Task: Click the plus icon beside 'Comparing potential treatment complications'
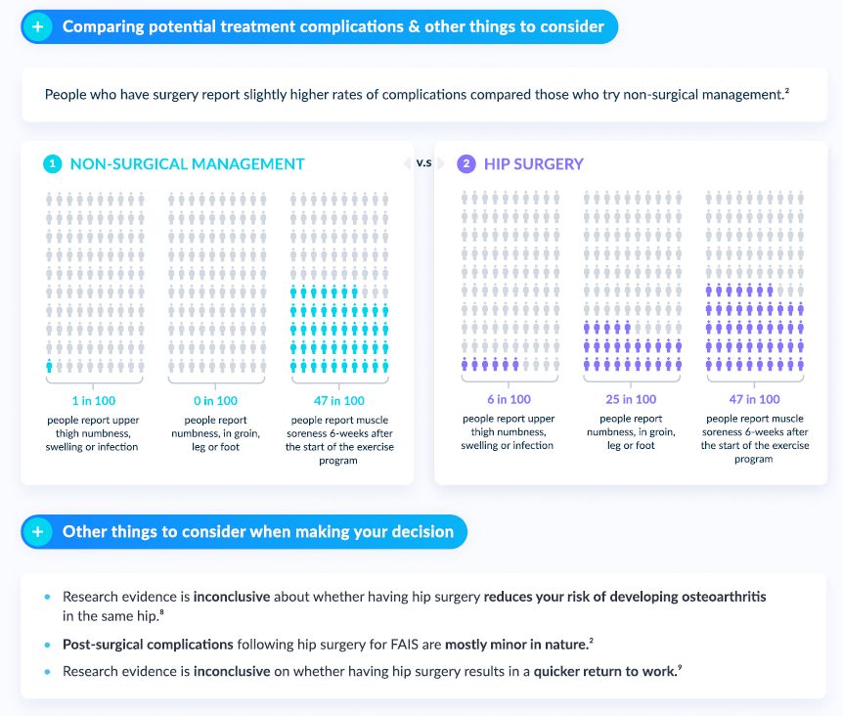[x=37, y=26]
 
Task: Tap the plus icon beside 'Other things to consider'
[x=37, y=532]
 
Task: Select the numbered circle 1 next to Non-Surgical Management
[x=52, y=164]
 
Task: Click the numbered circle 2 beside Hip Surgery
[x=466, y=164]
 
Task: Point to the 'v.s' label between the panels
[x=423, y=163]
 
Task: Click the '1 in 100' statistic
[x=94, y=400]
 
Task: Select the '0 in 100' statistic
[x=215, y=400]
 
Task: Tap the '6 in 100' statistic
[x=509, y=399]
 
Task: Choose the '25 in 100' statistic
[x=631, y=399]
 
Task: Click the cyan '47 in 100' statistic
[x=338, y=400]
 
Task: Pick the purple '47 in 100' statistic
[x=754, y=399]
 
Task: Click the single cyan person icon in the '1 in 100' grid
[x=50, y=366]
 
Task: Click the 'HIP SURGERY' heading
[x=533, y=164]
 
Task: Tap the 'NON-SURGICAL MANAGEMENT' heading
[x=187, y=164]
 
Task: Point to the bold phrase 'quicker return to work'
[x=604, y=671]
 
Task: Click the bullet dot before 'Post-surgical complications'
[x=47, y=645]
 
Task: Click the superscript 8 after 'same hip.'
[x=161, y=611]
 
